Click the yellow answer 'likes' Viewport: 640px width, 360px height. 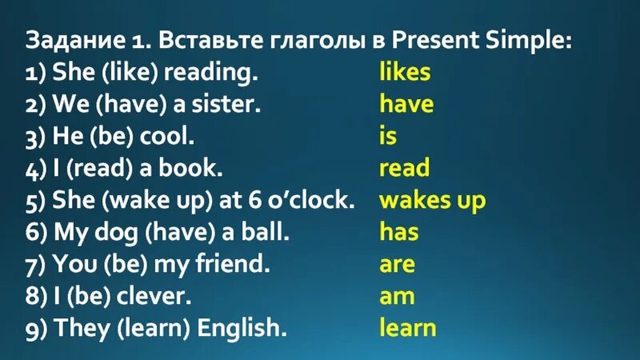405,72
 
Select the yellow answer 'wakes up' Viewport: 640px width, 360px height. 432,200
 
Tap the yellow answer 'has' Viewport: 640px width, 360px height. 398,232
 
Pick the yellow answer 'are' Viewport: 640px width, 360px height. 398,264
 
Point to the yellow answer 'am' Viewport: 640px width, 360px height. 398,296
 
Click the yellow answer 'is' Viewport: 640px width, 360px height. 388,136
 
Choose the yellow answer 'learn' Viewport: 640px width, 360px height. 408,327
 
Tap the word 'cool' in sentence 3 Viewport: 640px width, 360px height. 165,136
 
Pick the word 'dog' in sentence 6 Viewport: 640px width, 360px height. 115,232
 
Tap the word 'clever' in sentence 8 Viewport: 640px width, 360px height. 154,296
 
